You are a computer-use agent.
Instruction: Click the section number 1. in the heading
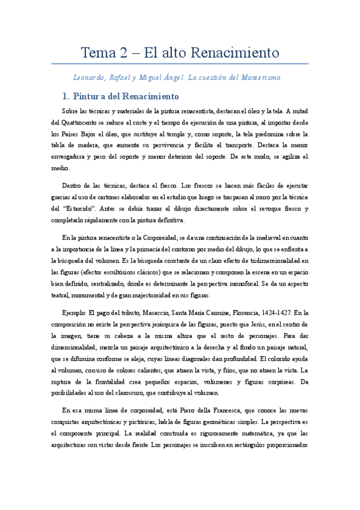(x=66, y=96)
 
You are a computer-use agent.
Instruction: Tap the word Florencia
(x=245, y=313)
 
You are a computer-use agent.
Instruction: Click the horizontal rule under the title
(x=180, y=64)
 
